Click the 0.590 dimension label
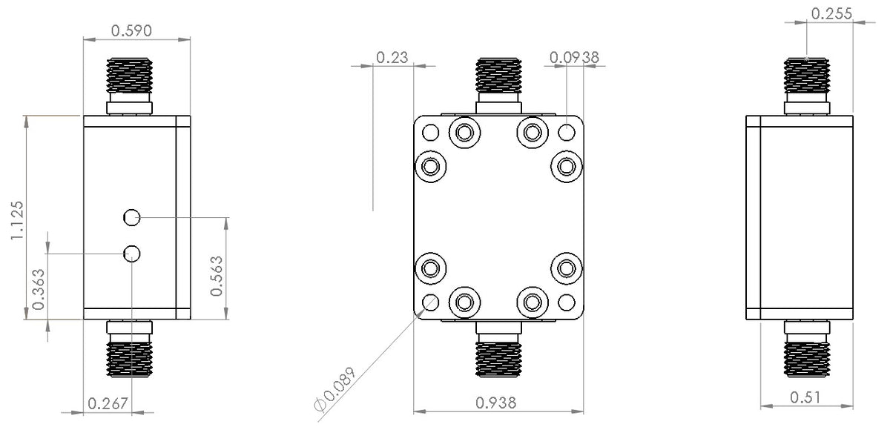coord(131,30)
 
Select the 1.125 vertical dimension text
coord(18,220)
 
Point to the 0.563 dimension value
coord(217,276)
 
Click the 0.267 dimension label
coord(108,404)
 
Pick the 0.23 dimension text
coord(392,57)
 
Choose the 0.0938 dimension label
coord(575,57)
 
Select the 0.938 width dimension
coord(495,403)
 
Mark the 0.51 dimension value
coord(806,397)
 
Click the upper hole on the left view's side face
coord(132,217)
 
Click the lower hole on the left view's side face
coord(132,254)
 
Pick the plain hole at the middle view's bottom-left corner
coord(429,302)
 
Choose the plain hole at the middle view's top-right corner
coord(566,133)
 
